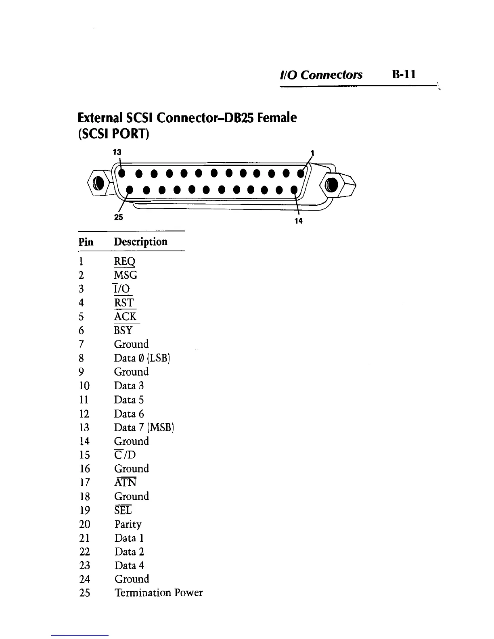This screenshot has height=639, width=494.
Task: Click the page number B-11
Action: click(403, 75)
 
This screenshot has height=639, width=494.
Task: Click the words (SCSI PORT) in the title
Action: click(113, 134)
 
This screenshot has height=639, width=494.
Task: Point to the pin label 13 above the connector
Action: click(117, 152)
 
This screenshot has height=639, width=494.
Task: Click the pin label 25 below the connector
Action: click(118, 217)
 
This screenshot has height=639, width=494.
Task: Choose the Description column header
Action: click(140, 242)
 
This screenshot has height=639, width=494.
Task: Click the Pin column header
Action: click(86, 242)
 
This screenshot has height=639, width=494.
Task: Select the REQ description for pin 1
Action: click(125, 262)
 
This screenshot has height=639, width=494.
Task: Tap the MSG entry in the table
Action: click(126, 276)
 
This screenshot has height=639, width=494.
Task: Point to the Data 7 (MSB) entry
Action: click(144, 428)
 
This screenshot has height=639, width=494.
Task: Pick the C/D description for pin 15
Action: click(125, 455)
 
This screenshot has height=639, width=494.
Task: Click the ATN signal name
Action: click(126, 482)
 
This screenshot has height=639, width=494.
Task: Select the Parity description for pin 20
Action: click(128, 524)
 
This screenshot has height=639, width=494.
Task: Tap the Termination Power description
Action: click(159, 593)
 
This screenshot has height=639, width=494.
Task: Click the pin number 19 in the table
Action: click(84, 510)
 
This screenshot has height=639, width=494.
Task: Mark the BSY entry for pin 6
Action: click(123, 330)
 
